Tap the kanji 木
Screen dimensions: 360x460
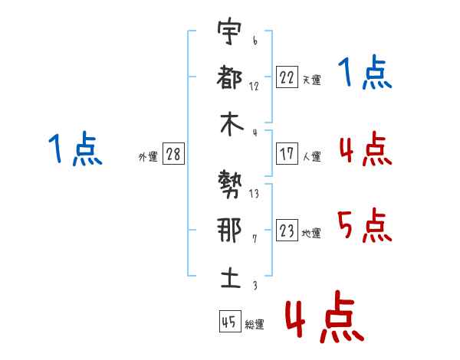228,124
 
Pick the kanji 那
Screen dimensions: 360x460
228,231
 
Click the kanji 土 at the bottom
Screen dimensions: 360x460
228,277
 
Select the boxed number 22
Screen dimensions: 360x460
287,77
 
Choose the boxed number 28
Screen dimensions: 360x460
173,154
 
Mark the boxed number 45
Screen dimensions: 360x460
229,322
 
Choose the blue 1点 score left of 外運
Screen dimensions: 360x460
74,149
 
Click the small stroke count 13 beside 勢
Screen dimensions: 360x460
254,194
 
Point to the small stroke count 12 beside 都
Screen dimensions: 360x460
254,87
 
